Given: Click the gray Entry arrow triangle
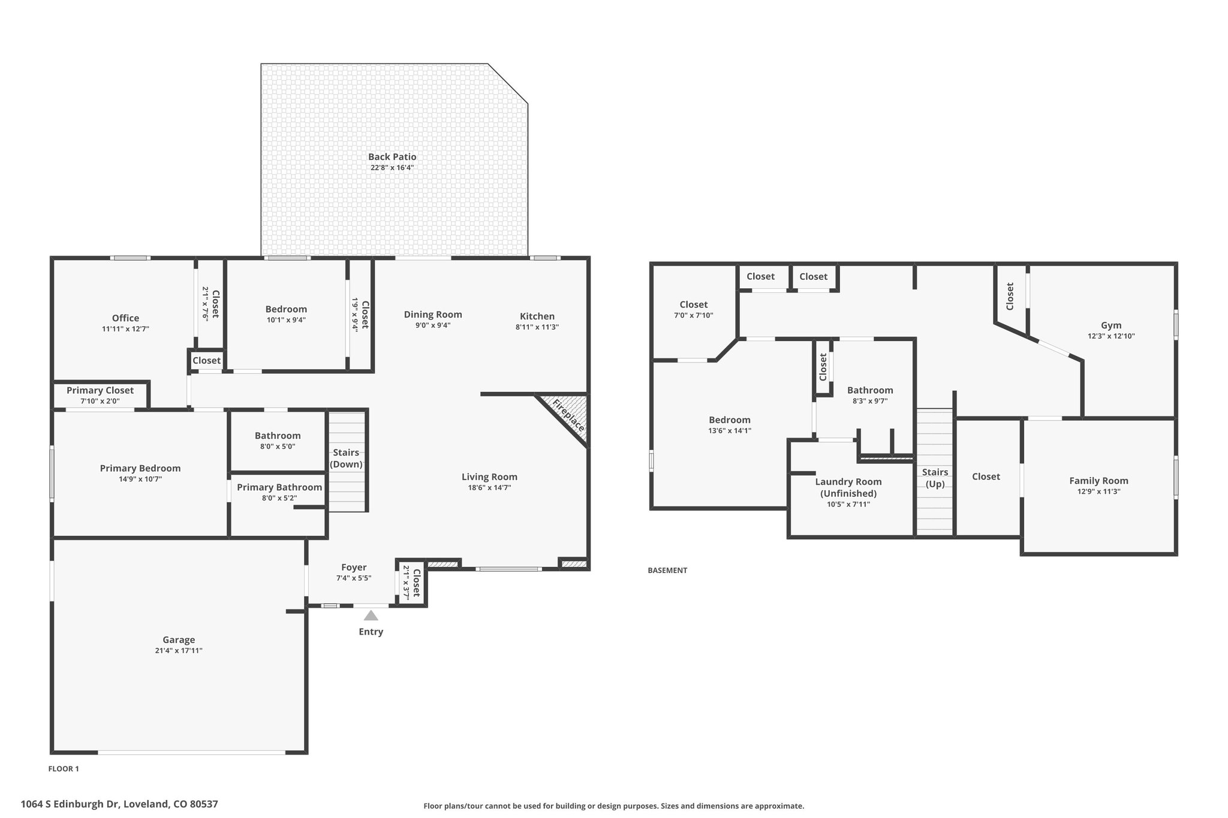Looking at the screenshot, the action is click(x=371, y=615).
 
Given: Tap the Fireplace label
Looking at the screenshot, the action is click(x=568, y=415).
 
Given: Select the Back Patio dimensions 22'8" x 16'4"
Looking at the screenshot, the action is click(x=392, y=168).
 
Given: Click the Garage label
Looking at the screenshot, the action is click(x=179, y=640).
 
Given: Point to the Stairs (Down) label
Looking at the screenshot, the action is click(x=347, y=458).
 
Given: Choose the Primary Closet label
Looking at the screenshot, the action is click(x=100, y=390).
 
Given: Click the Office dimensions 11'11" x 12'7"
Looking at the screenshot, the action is click(x=125, y=329).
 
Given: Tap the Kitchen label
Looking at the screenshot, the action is click(x=537, y=316).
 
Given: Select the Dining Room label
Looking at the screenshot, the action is click(x=433, y=315).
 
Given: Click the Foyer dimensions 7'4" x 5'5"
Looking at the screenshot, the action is click(x=354, y=578).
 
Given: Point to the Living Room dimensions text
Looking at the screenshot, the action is click(x=489, y=488).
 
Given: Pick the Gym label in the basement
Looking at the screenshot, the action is click(x=1111, y=325).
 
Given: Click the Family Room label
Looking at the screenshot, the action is click(x=1098, y=481).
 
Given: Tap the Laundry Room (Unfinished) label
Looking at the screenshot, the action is click(x=848, y=487).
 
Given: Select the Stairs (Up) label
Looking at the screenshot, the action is click(x=935, y=478).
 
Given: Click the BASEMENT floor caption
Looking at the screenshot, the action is click(x=667, y=571).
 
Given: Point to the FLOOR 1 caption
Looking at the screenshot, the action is click(x=64, y=769).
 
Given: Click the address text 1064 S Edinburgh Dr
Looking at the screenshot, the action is click(x=71, y=804).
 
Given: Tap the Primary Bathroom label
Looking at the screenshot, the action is click(x=279, y=487).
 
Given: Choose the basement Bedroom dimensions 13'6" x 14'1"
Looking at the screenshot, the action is click(x=729, y=430).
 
